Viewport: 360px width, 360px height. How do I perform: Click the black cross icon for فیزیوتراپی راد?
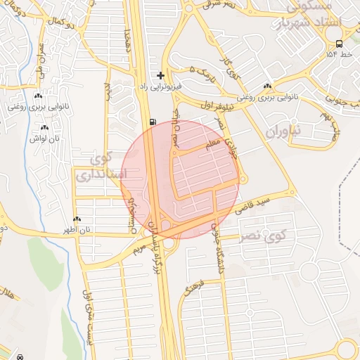pyautogui.click(x=161, y=75)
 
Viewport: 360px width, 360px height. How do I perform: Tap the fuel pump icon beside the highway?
pyautogui.click(x=152, y=122)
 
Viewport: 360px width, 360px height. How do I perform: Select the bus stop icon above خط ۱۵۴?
pyautogui.click(x=340, y=44)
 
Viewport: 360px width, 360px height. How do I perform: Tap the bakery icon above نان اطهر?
pyautogui.click(x=77, y=219)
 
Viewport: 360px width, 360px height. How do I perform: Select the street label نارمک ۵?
pyautogui.click(x=200, y=70)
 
